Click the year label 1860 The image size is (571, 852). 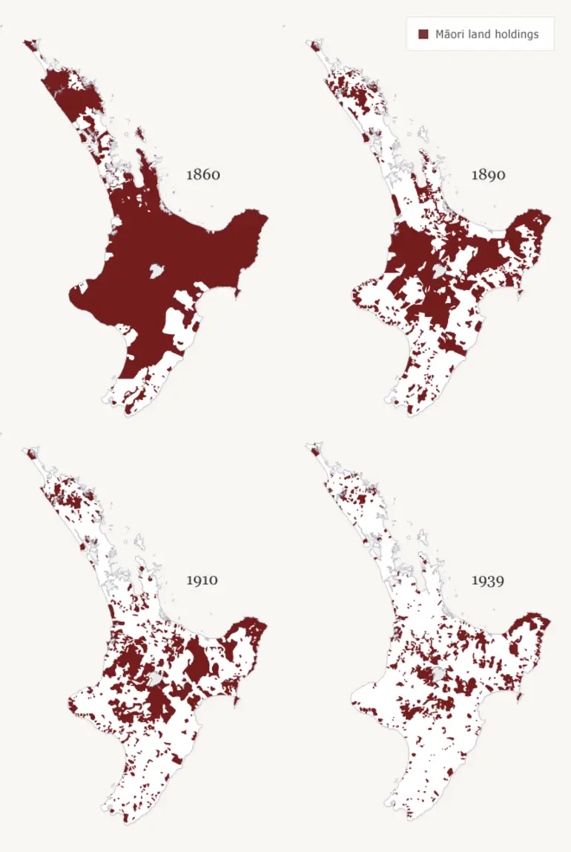pos(203,176)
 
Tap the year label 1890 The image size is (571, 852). pos(489,175)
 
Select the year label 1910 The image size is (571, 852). pos(202,580)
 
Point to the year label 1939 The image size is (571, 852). pos(488,580)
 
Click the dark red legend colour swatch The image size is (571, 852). pos(424,34)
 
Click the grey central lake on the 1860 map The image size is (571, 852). pos(156,271)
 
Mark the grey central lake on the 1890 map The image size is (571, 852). pos(440,272)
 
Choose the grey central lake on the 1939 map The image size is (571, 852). pos(440,675)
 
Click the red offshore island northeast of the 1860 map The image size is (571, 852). pos(139,134)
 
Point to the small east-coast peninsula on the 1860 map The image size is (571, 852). pos(238,292)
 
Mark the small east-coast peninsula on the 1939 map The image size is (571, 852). pos(521,696)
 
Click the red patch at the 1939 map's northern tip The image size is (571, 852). pos(314,450)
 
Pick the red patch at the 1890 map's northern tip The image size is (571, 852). pos(314,46)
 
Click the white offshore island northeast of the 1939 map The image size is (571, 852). pos(424,538)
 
